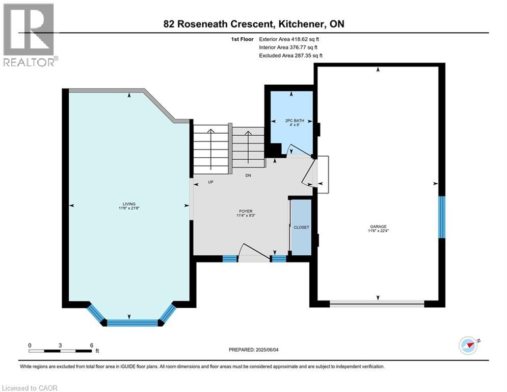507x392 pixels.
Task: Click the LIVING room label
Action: pyautogui.click(x=129, y=203)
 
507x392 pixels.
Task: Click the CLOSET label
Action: pyautogui.click(x=301, y=227)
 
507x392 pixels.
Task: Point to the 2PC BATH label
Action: pyautogui.click(x=291, y=120)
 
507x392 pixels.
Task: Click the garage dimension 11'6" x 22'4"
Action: pyautogui.click(x=378, y=230)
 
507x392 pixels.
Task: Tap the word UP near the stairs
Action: pyautogui.click(x=210, y=182)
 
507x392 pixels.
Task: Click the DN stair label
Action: pyautogui.click(x=248, y=175)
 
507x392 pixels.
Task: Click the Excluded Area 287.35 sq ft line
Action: pyautogui.click(x=291, y=55)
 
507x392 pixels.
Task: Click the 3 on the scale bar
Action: pyautogui.click(x=60, y=345)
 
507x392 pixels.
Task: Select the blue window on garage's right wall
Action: pyautogui.click(x=442, y=217)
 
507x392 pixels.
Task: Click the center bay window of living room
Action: pyautogui.click(x=132, y=322)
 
